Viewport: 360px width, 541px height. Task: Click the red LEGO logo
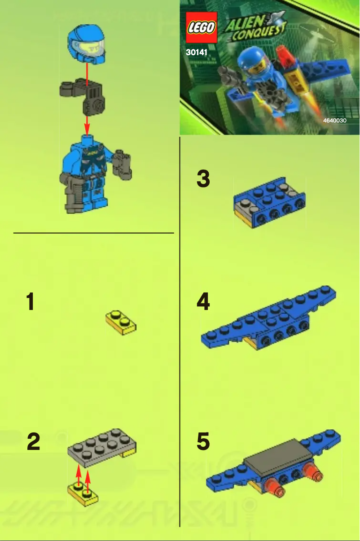[202, 28]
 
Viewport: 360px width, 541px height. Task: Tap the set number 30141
[197, 52]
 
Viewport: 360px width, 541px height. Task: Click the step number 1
[30, 302]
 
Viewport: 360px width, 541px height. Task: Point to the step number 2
[33, 442]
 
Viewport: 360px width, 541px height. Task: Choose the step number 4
[203, 302]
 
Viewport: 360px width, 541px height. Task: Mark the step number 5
[203, 442]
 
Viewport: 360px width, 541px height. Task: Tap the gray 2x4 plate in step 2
[101, 446]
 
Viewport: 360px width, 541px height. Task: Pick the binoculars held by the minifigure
[122, 163]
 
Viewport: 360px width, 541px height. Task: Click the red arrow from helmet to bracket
[87, 71]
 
